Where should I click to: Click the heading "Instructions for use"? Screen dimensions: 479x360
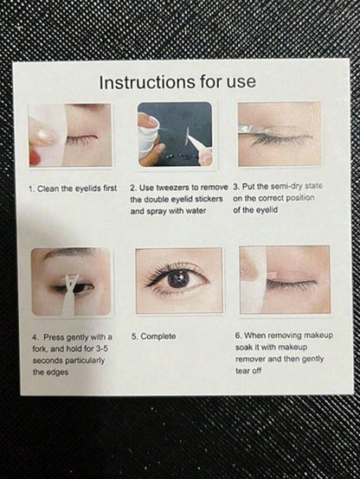click(x=177, y=82)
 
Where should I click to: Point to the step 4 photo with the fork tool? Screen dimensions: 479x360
click(x=71, y=281)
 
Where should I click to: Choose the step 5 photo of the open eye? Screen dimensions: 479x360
click(x=179, y=280)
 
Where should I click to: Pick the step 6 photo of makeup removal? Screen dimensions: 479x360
click(x=285, y=280)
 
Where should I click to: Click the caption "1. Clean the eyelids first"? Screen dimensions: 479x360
click(x=73, y=188)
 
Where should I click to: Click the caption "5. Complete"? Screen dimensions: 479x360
click(x=153, y=336)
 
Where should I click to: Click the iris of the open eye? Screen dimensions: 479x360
click(x=177, y=278)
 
